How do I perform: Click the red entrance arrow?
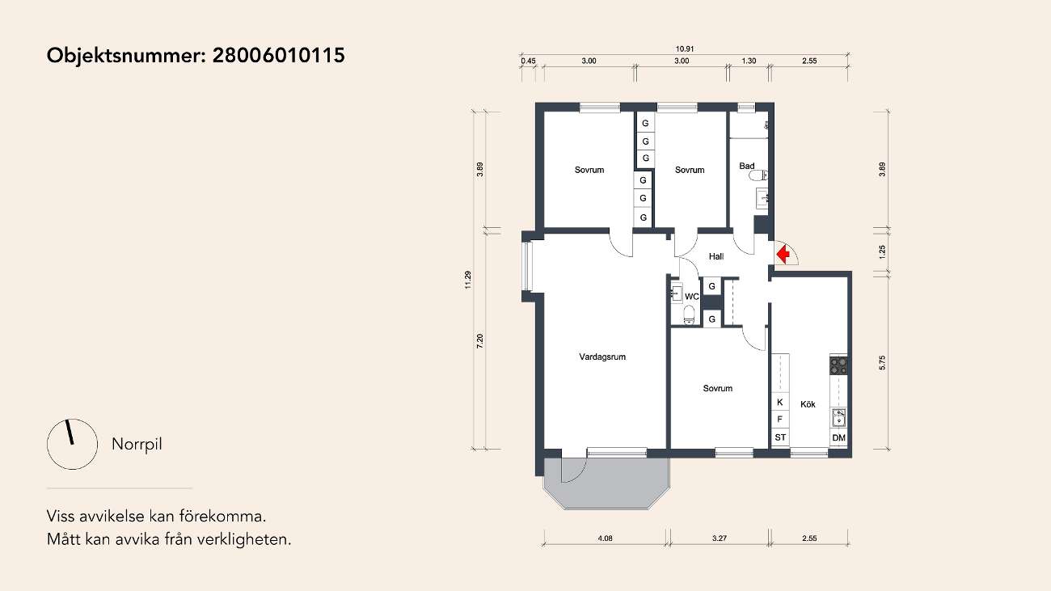[x=783, y=255]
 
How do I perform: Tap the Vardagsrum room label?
[x=602, y=357]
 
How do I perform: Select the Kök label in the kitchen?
[x=808, y=404]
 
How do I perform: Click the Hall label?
[x=716, y=256]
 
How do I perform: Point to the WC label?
[x=691, y=297]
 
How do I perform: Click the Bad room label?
[x=746, y=166]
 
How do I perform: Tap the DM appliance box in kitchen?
[x=838, y=437]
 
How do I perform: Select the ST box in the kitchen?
[x=780, y=437]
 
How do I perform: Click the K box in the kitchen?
[x=780, y=403]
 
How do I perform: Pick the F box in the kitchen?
[x=780, y=420]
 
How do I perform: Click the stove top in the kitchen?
[x=838, y=366]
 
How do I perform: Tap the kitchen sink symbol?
[x=838, y=417]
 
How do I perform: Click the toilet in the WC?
[x=689, y=314]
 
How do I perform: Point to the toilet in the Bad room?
[x=758, y=176]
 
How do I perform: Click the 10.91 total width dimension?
[x=685, y=49]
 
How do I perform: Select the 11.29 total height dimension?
[x=468, y=280]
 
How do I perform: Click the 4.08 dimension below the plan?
[x=606, y=538]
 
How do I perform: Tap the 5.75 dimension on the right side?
[x=882, y=362]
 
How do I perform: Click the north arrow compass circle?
[x=72, y=444]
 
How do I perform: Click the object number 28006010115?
[x=279, y=55]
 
